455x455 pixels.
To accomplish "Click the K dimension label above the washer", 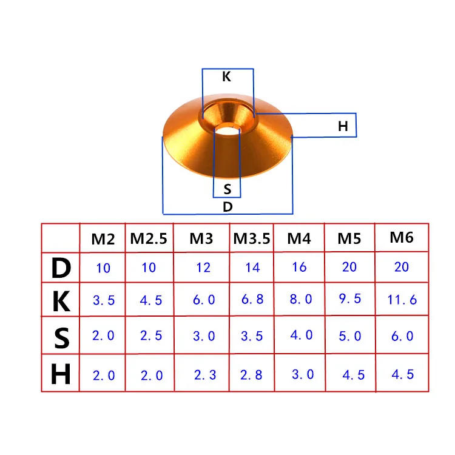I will pos(226,77).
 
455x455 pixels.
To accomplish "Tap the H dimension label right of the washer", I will pos(343,127).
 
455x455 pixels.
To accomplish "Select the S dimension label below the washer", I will pos(227,189).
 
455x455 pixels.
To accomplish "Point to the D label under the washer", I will pos(227,206).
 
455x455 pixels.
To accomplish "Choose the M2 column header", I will pos(103,239).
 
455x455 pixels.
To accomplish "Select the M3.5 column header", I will pos(252,238).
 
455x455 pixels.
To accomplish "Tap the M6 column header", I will pos(401,237).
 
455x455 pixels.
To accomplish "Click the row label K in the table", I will pos(61,301).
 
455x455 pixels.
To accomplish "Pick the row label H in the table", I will pos(61,375).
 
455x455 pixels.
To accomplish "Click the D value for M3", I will pos(204,267).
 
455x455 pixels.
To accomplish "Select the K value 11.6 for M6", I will pos(401,299).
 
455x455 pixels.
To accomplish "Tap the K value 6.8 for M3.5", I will pos(251,300).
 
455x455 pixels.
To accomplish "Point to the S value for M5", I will pos(349,335).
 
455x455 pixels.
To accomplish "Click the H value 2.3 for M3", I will pos(204,375).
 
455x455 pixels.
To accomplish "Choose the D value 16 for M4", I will pos(299,266).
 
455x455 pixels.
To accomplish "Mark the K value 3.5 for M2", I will pos(103,300).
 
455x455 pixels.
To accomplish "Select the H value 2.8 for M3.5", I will pos(251,375).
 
